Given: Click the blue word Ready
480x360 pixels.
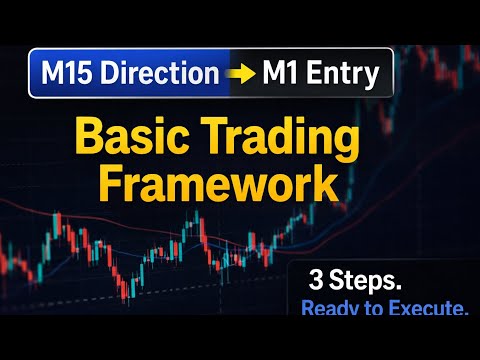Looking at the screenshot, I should [x=333, y=310].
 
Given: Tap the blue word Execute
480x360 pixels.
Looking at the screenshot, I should [x=428, y=310].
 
